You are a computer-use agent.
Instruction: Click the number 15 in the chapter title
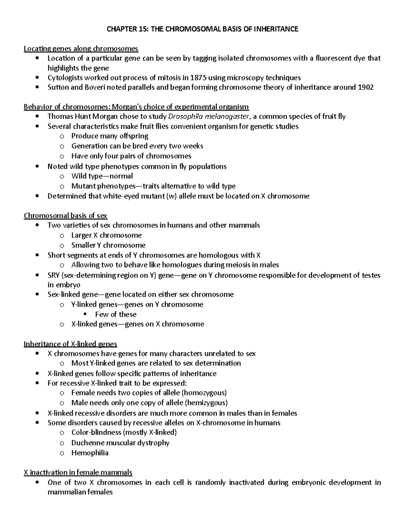pos(142,29)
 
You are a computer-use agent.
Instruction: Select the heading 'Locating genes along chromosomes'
pos(81,49)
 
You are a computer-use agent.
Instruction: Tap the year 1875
pos(198,78)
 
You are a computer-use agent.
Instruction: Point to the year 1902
pos(365,88)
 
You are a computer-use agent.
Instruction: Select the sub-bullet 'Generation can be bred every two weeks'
pos(137,146)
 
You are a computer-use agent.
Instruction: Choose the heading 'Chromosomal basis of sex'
pos(65,216)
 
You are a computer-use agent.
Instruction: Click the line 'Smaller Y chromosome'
pos(108,245)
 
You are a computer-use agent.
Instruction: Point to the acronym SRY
pos(54,275)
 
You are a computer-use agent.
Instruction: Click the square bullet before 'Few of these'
pos(85,314)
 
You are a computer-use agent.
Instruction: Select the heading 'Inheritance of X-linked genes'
pos(70,344)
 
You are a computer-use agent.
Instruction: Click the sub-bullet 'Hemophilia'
pos(90,453)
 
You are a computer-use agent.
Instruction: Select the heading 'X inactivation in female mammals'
pos(78,472)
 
